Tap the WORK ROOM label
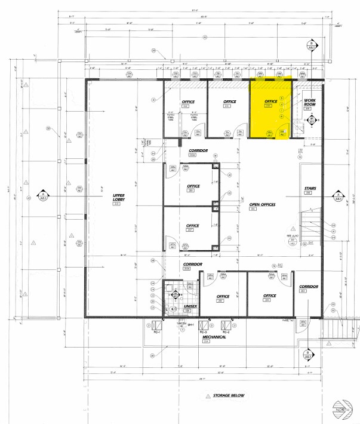pos(309,102)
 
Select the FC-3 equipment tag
pos(203,332)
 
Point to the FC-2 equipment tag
pos(227,332)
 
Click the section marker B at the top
pos(310,45)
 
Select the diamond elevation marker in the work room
pos(310,121)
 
